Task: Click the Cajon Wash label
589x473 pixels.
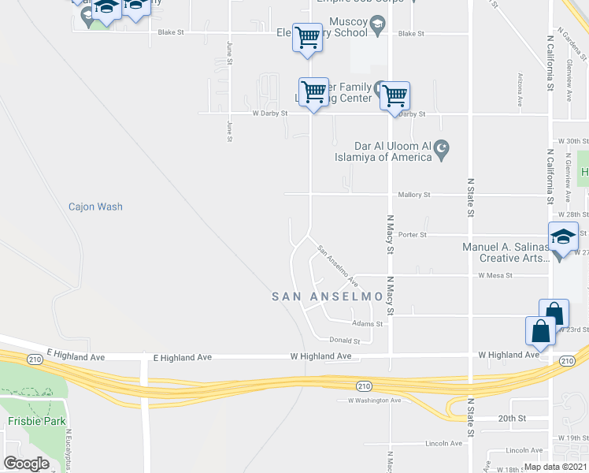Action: click(95, 207)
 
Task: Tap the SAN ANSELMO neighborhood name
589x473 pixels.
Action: click(328, 297)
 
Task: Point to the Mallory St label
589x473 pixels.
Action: click(415, 195)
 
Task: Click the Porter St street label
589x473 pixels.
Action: click(412, 235)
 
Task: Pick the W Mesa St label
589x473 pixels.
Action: click(495, 276)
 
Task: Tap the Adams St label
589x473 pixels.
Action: click(368, 323)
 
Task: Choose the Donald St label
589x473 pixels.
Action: click(346, 341)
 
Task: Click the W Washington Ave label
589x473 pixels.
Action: click(375, 400)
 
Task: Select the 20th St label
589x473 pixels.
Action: click(511, 418)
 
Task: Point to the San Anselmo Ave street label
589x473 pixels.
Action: click(338, 266)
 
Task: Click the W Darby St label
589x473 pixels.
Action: click(269, 114)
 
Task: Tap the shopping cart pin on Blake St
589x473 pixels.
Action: click(307, 36)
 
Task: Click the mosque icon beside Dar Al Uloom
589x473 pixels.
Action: click(442, 147)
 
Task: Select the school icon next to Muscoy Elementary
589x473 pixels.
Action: click(378, 28)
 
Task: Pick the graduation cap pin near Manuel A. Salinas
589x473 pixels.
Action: click(563, 236)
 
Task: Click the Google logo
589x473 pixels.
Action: click(27, 463)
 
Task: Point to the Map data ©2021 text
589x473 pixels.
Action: click(554, 466)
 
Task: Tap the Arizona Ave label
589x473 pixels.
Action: click(520, 91)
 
